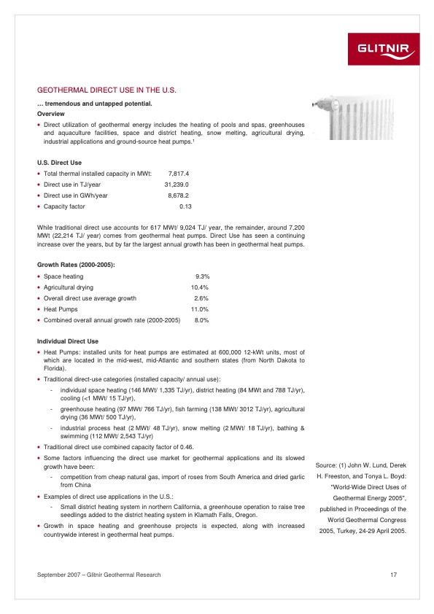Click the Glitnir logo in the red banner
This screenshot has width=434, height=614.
[x=387, y=50]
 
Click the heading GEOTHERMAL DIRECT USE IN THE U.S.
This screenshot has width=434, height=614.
[x=107, y=90]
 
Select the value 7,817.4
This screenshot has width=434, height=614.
[x=179, y=174]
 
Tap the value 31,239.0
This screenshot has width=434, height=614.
[x=177, y=184]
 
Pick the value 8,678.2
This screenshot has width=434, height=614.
[x=179, y=195]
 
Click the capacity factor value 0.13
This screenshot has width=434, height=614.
[x=185, y=206]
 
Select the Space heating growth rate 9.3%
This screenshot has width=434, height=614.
[x=203, y=276]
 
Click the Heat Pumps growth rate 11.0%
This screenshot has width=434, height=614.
[x=201, y=309]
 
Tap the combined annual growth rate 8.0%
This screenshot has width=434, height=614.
[x=203, y=320]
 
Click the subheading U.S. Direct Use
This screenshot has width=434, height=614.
[x=59, y=161]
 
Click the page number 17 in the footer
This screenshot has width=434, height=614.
[x=393, y=576]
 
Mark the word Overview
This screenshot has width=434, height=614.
[x=50, y=114]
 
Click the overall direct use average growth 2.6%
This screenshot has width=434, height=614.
[x=203, y=298]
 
